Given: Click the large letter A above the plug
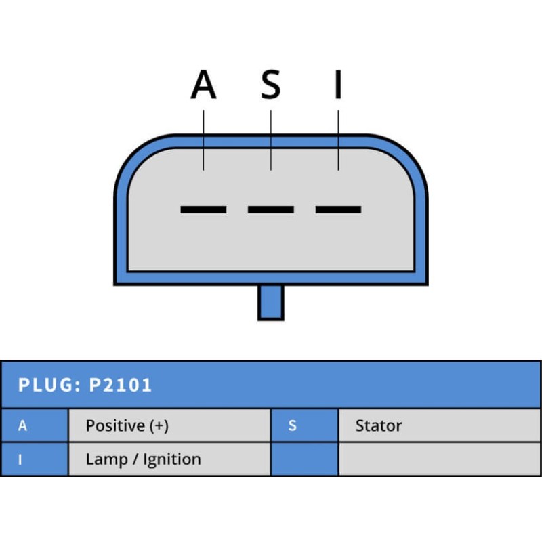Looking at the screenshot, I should [x=203, y=85].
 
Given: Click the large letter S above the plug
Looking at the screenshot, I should [x=270, y=85].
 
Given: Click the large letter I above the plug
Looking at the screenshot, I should [x=338, y=85].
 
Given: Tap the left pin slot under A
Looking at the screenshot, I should [x=203, y=209].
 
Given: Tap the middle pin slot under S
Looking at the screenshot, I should [x=270, y=209].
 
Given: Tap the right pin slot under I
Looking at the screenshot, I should [x=338, y=209].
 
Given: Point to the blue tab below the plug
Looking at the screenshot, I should [x=270, y=302].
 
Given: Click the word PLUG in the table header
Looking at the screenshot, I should [x=46, y=385].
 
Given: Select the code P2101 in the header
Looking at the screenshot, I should [x=121, y=385].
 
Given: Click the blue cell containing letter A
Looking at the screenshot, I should [x=34, y=425].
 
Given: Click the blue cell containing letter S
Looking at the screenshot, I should [x=304, y=425].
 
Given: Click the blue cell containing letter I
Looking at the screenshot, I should [x=34, y=459].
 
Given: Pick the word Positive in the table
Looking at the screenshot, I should [x=115, y=425].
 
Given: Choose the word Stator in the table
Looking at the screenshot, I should [x=379, y=425].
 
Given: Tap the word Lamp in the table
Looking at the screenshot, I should [x=104, y=459].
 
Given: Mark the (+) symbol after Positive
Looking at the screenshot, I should [x=159, y=425].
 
